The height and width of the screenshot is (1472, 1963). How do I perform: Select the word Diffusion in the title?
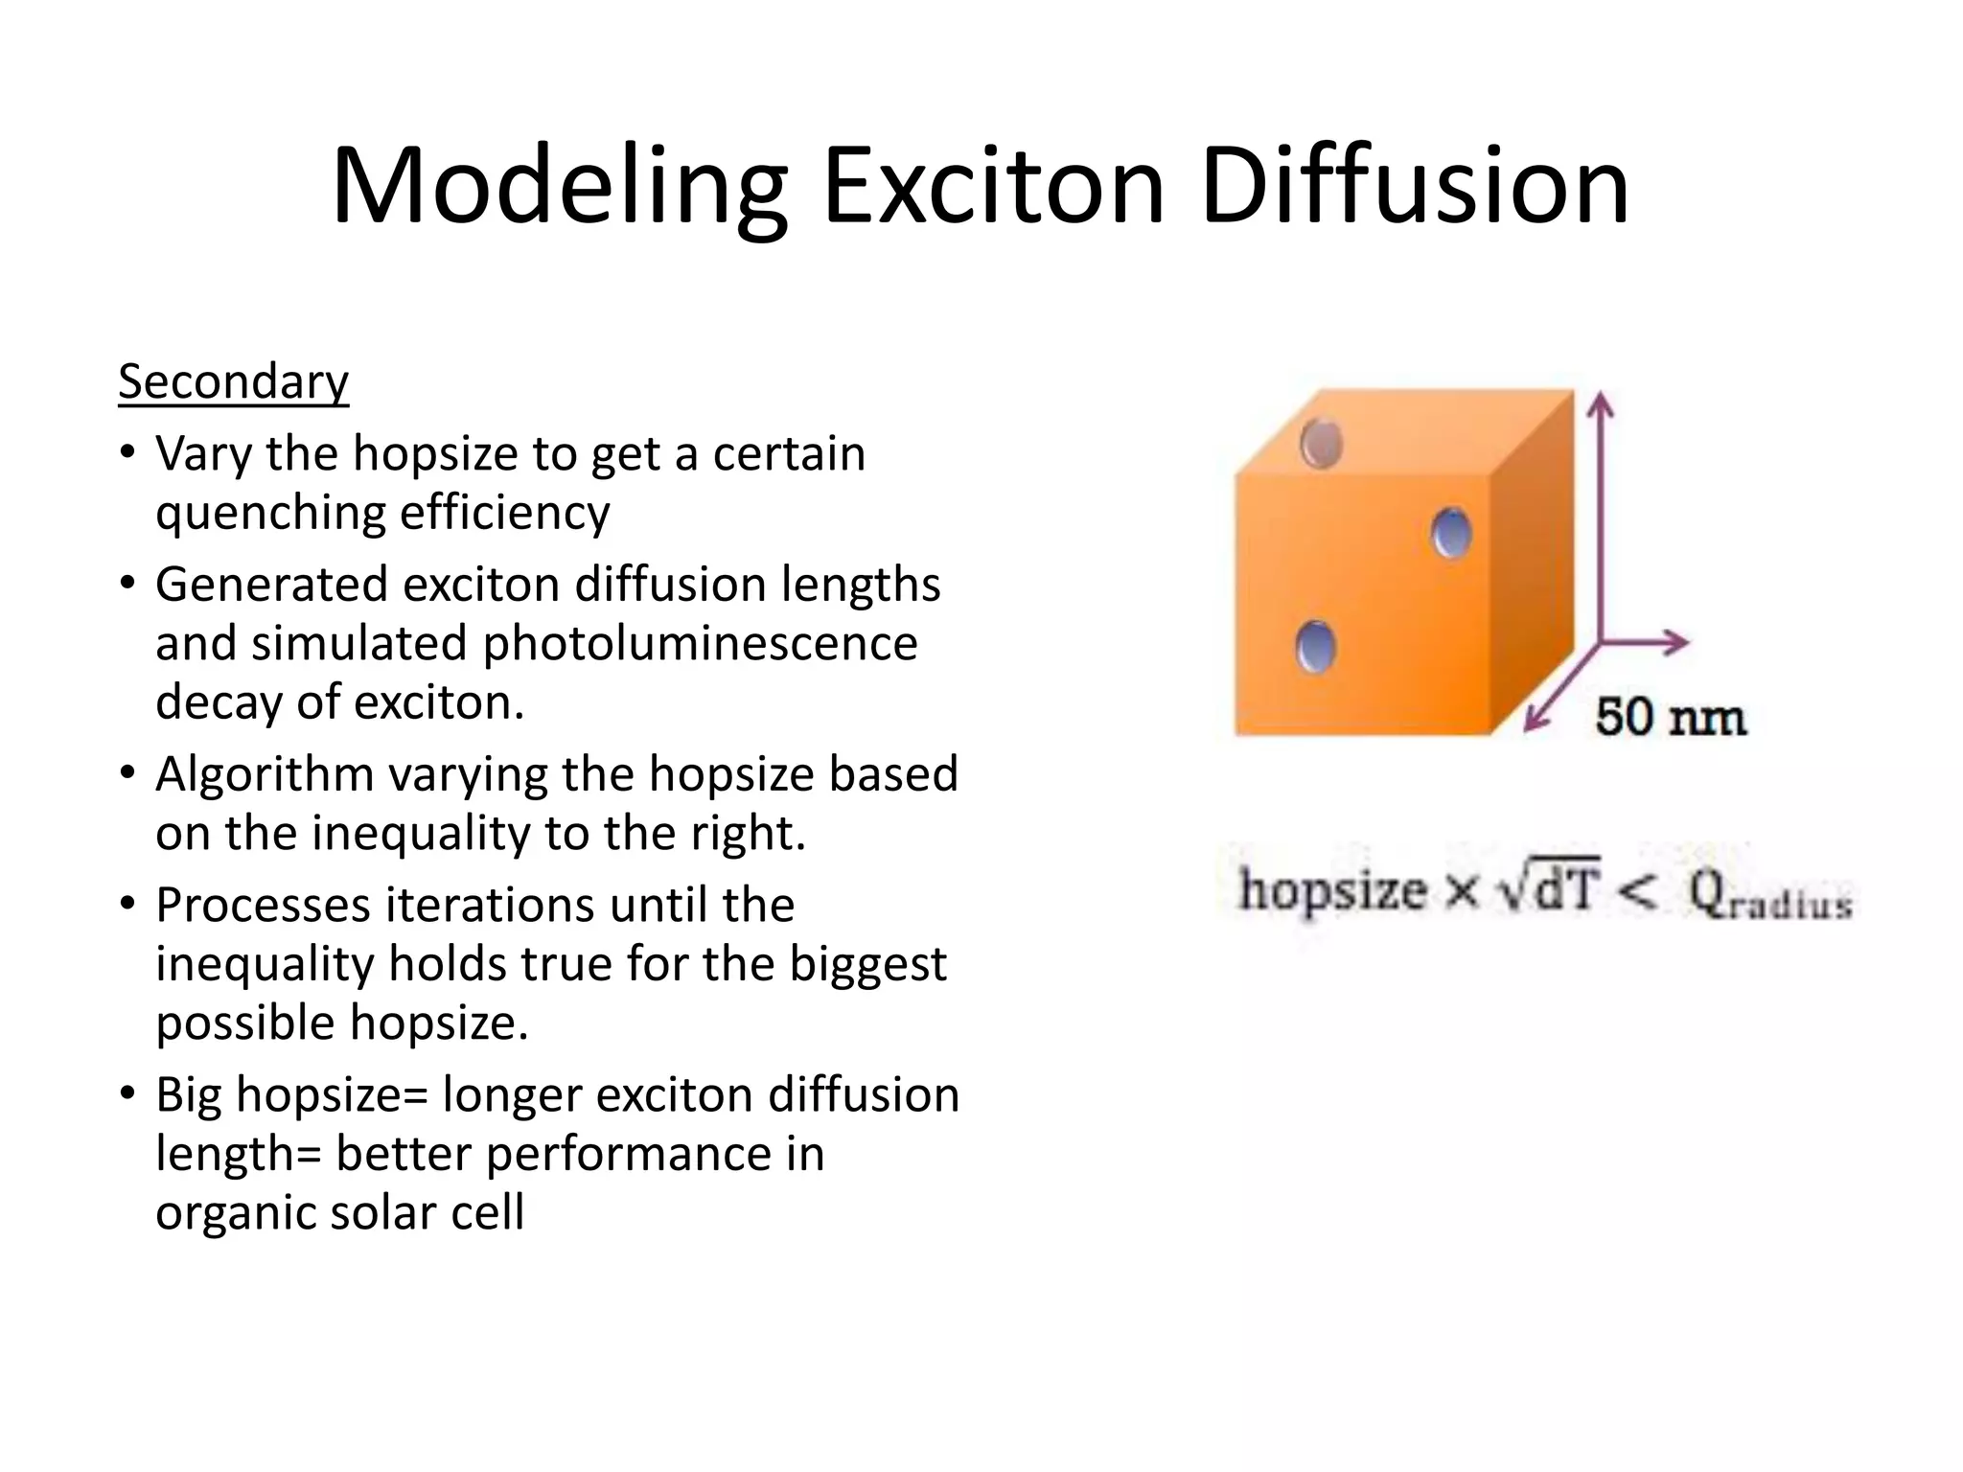point(1414,185)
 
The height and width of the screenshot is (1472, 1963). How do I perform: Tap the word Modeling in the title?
point(559,185)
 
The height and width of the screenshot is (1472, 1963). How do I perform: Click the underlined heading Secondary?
point(233,382)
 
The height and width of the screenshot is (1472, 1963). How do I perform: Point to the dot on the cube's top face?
point(1321,444)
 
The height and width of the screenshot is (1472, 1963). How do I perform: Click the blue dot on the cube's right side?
point(1451,533)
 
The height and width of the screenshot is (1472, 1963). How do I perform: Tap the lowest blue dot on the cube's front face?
point(1315,648)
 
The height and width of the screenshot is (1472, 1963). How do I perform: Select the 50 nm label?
point(1670,717)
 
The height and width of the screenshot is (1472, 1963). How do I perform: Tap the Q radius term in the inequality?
point(1769,895)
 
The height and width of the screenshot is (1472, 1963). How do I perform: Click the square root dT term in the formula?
point(1550,889)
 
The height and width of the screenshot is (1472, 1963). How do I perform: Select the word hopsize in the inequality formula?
point(1332,891)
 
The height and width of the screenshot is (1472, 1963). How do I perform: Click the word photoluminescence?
point(700,644)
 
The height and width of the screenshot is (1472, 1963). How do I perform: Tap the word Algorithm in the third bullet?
point(265,774)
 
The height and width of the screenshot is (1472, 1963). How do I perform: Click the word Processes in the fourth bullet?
point(270,906)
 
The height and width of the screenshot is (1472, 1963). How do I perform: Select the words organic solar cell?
point(339,1212)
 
